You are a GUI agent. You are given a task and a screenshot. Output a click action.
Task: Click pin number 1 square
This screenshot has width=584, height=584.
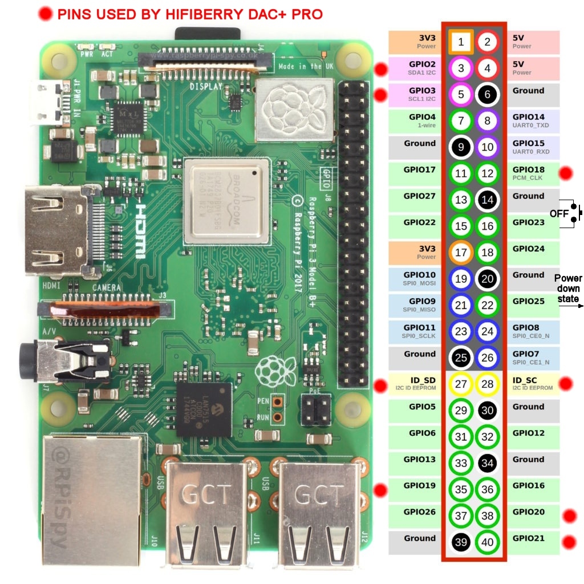[461, 42]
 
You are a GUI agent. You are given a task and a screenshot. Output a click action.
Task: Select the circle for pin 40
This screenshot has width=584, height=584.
[487, 542]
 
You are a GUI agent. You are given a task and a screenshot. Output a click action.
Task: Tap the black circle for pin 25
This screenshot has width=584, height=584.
[461, 358]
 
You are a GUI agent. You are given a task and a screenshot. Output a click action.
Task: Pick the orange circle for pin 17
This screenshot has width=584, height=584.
[461, 253]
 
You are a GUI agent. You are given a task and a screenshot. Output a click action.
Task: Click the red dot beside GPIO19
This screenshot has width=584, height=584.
[380, 489]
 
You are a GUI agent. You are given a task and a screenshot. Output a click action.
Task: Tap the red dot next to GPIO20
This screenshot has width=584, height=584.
[568, 516]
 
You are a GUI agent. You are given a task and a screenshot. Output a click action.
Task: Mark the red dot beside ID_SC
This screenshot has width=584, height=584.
[565, 384]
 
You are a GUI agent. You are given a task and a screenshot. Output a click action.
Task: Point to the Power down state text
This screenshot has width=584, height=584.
[567, 289]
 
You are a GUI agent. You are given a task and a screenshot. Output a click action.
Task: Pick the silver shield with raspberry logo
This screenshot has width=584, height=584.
[294, 108]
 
